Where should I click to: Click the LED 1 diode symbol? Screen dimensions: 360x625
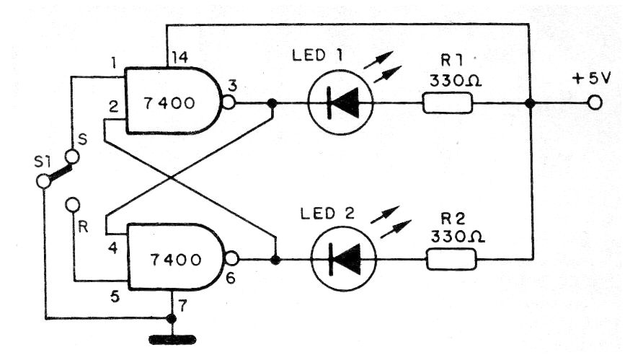point(340,104)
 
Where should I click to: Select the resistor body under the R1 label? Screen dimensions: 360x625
point(447,104)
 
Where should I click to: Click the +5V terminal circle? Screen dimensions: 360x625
point(594,104)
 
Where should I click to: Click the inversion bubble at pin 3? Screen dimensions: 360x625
point(229,103)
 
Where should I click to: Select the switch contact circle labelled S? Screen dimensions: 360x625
point(72,157)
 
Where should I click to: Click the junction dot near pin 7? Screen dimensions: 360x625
point(171,318)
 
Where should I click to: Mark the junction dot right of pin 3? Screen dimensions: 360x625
point(272,104)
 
